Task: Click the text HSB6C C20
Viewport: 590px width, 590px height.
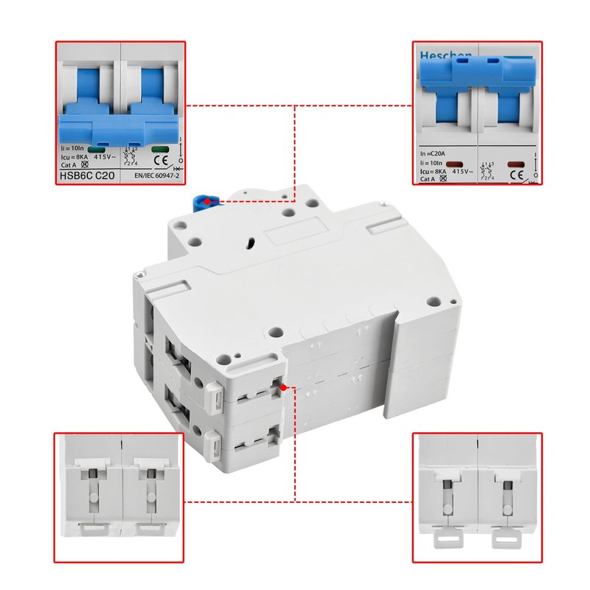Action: (x=86, y=176)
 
